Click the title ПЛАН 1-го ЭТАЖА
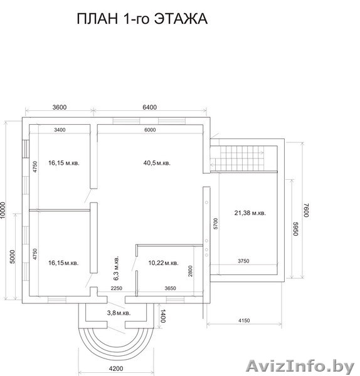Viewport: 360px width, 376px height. [141, 19]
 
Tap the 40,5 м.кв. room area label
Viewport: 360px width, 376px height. [157, 163]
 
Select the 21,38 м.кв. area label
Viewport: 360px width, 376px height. [250, 213]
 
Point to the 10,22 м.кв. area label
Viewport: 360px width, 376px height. [163, 263]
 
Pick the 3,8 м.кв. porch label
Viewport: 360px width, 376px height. [118, 313]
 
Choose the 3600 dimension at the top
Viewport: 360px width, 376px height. [59, 107]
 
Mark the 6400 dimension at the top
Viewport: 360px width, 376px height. [149, 107]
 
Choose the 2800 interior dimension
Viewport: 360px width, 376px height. [190, 271]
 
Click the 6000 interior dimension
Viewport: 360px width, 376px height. [150, 130]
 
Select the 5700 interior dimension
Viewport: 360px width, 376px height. [215, 224]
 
